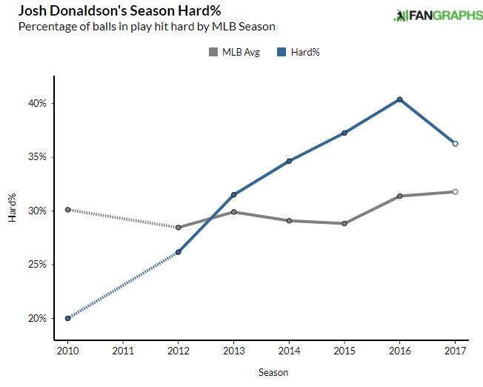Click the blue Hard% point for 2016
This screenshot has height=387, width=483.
point(400,99)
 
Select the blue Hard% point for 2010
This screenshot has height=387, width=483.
point(67,318)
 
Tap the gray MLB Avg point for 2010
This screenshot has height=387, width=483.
point(67,210)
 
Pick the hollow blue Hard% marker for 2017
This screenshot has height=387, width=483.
point(456,144)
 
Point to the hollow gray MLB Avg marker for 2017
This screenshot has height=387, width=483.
point(456,192)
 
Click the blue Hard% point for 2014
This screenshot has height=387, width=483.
point(289,161)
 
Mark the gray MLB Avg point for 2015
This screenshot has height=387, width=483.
point(344,223)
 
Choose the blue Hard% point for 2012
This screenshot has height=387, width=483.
point(179,252)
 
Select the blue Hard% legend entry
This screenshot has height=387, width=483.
point(300,52)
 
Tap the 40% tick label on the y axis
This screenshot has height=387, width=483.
point(38,103)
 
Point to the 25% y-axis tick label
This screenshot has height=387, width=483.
point(38,265)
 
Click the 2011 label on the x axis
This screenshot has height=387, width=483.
point(123,349)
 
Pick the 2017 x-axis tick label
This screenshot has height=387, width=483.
point(456,349)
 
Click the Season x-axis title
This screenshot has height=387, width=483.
point(273,372)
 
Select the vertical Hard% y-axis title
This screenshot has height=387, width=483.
point(12,210)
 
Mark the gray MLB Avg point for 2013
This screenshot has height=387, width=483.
point(234,212)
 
